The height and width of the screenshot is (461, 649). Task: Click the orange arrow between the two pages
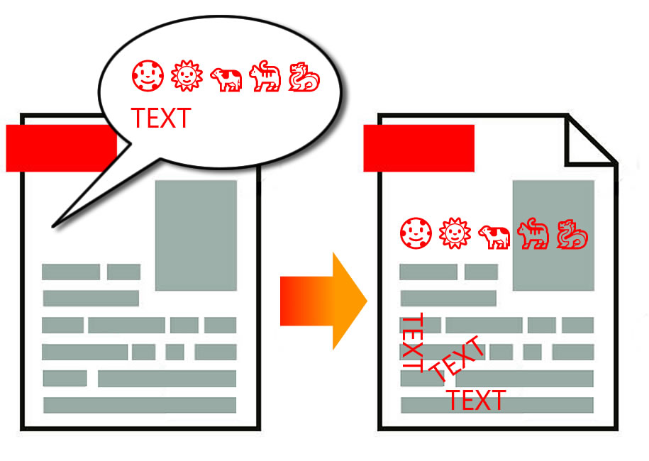click(x=323, y=301)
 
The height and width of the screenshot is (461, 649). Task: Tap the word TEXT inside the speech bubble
click(x=161, y=118)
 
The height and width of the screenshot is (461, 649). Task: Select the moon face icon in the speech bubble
click(x=148, y=76)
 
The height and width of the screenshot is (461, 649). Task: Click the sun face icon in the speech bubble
click(x=187, y=76)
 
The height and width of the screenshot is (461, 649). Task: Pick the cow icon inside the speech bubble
click(x=226, y=79)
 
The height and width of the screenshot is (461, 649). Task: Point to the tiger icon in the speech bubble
click(x=265, y=76)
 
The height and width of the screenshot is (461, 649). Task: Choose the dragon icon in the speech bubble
click(x=304, y=77)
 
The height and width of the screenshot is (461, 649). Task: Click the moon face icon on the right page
click(x=416, y=233)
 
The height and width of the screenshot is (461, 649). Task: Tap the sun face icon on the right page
click(x=455, y=233)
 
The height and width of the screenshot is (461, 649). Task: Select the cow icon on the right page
click(x=494, y=237)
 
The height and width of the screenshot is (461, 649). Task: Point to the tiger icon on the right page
click(x=533, y=233)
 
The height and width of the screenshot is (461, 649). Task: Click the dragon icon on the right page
click(x=572, y=234)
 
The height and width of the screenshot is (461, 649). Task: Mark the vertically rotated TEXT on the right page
click(x=413, y=343)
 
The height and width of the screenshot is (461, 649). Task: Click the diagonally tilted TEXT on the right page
click(x=457, y=359)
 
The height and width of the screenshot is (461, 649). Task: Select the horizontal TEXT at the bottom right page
click(x=476, y=400)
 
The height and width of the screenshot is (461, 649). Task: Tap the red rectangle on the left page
click(x=60, y=148)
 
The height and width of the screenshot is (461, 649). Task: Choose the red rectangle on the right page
click(x=419, y=148)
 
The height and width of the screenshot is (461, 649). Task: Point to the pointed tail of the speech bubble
click(x=53, y=226)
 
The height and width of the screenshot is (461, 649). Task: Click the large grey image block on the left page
click(x=196, y=235)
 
